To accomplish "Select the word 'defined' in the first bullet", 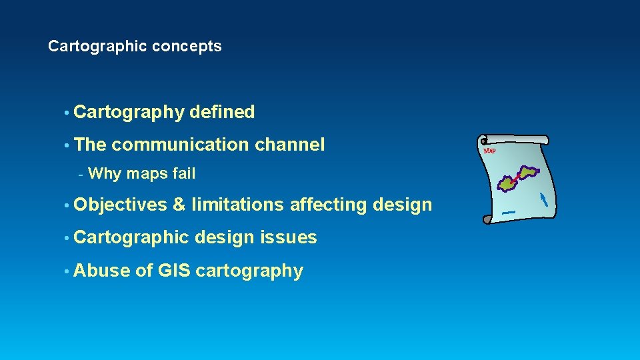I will (222, 113).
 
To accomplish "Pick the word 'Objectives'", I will (121, 205).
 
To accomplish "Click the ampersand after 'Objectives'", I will (178, 205).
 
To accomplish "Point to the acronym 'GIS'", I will (175, 271).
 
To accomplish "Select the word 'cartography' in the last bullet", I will (249, 271).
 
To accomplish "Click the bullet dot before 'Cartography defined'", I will (67, 113).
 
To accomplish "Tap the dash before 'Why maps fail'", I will (80, 175).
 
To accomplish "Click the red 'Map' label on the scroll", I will (490, 151).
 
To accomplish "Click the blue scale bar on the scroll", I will (509, 213).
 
